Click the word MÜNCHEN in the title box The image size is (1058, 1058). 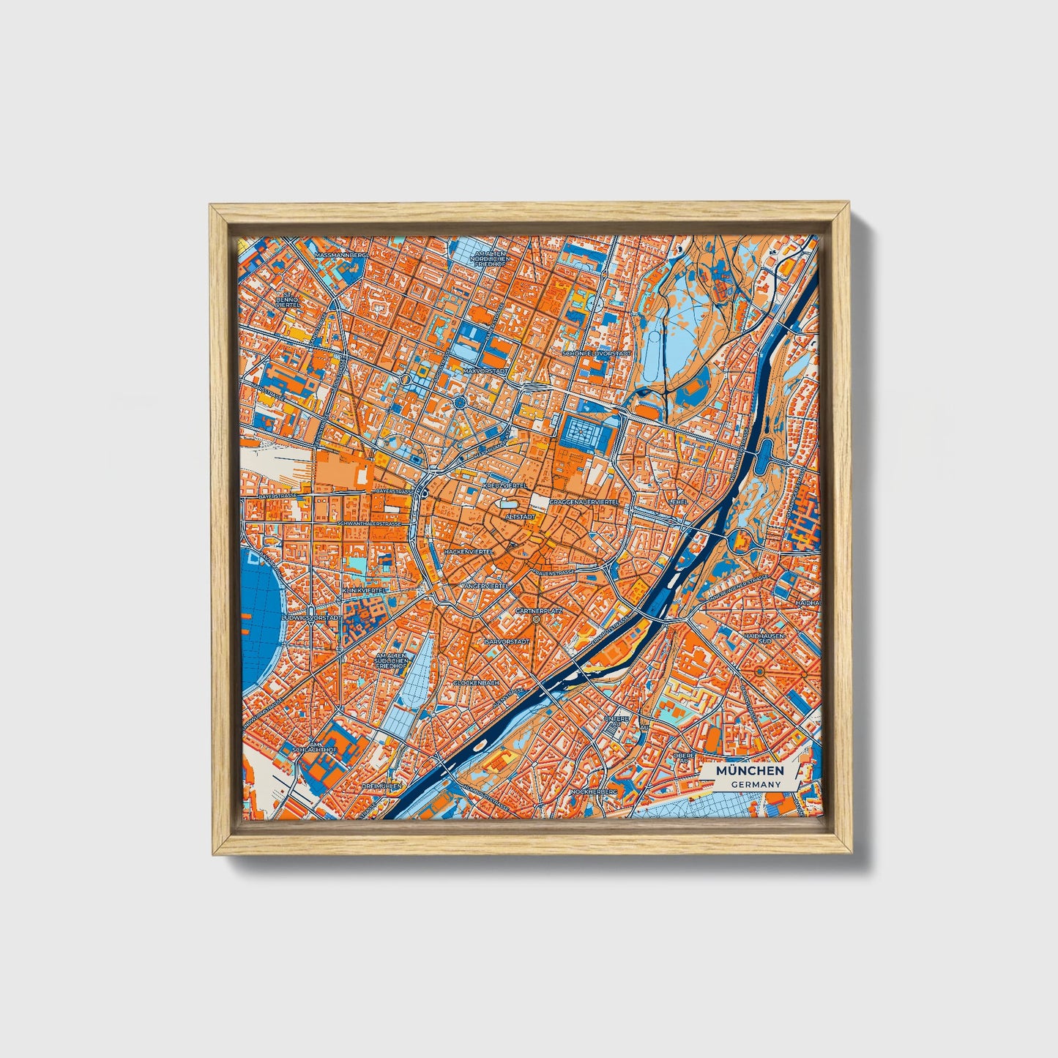point(750,770)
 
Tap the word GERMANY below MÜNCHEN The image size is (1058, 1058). point(755,784)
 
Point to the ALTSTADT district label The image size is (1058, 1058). point(520,516)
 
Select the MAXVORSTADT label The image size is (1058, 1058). point(485,371)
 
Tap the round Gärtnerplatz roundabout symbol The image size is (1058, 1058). point(537,619)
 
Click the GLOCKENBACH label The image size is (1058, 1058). point(476,682)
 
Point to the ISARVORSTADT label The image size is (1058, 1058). point(507,641)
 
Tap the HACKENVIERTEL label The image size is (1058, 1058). point(469,551)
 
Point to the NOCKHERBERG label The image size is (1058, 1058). point(594,791)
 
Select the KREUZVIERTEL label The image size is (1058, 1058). point(505,485)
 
